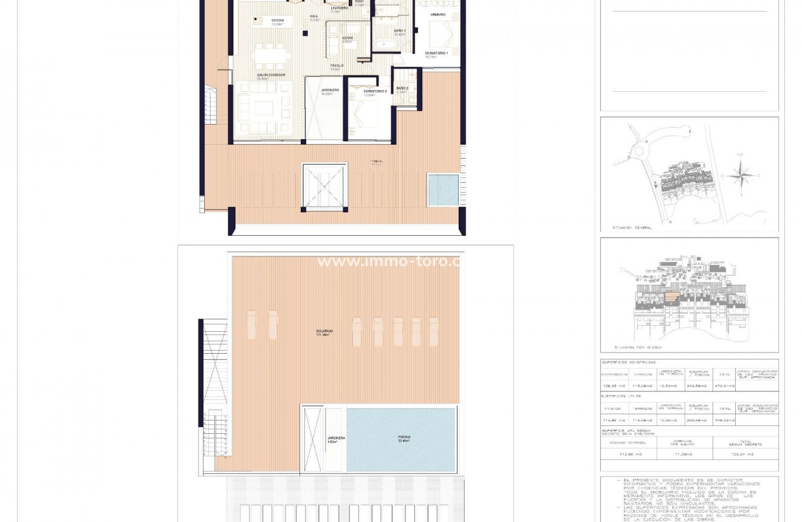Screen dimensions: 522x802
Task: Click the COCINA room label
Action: click(x=277, y=21)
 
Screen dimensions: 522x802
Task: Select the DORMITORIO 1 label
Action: click(x=436, y=53)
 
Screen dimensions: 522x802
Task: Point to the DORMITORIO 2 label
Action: click(x=375, y=91)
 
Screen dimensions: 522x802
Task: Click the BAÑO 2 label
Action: click(x=402, y=88)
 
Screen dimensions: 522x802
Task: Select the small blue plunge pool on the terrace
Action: click(x=443, y=190)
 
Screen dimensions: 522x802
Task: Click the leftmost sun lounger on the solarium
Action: click(x=251, y=325)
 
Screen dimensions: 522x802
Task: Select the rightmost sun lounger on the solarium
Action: click(x=434, y=332)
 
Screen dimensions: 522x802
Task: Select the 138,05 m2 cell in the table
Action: click(x=614, y=386)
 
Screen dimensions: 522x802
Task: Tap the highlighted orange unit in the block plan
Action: click(x=671, y=298)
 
